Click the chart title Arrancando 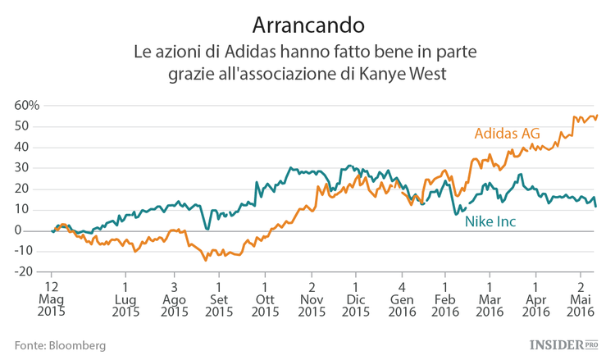[x=307, y=23]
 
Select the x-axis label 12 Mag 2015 [x=52, y=299]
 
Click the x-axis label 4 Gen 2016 [x=402, y=299]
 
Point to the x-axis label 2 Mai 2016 [x=581, y=299]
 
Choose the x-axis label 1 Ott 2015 [x=264, y=299]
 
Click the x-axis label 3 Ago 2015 [x=174, y=299]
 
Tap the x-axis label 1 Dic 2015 [x=355, y=299]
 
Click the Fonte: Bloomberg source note [x=60, y=346]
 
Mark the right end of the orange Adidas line [x=597, y=115]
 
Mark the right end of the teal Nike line [x=595, y=206]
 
